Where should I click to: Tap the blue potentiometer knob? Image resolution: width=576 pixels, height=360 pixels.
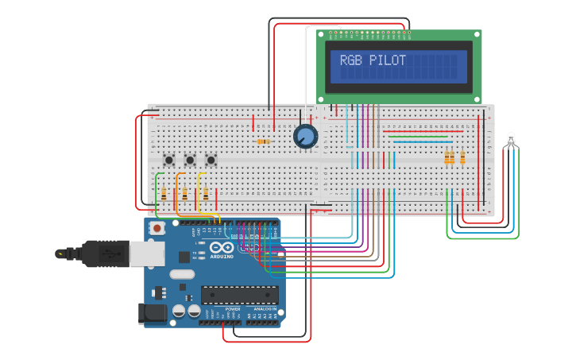coord(305,137)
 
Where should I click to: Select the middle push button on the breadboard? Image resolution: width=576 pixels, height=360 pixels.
coord(190,160)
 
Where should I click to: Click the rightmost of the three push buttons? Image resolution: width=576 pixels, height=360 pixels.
coord(211,160)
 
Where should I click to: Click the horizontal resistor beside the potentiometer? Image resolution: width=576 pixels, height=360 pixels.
coord(263,141)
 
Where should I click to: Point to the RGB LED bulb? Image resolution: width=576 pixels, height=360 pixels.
coord(511,141)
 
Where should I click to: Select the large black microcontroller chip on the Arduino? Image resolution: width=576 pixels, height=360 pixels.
coord(239,295)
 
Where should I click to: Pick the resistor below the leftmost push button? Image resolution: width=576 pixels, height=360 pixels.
coord(164,193)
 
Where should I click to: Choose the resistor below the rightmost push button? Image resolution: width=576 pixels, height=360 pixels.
coord(206,193)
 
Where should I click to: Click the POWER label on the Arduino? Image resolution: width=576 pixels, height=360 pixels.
coord(233,309)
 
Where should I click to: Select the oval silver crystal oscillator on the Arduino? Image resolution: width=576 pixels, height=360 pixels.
coord(181,274)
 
